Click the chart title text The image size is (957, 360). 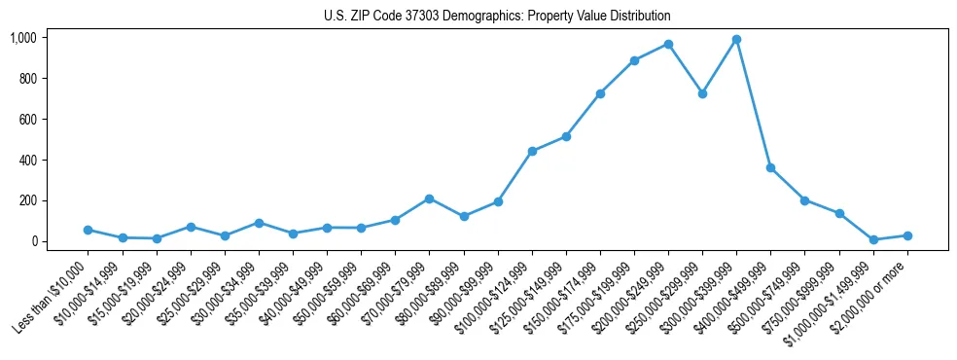(497, 17)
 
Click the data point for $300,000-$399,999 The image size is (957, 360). (736, 40)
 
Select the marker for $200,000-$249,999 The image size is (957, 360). (668, 44)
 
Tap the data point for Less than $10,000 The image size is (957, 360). (89, 230)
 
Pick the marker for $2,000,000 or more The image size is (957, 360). (907, 235)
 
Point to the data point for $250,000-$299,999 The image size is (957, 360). (702, 93)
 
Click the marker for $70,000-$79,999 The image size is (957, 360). (430, 198)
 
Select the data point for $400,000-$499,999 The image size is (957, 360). (770, 167)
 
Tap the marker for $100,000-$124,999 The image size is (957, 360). (532, 151)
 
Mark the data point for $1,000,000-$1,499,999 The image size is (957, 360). (873, 239)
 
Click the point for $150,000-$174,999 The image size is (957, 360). (600, 93)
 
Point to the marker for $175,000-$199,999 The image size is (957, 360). (634, 60)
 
